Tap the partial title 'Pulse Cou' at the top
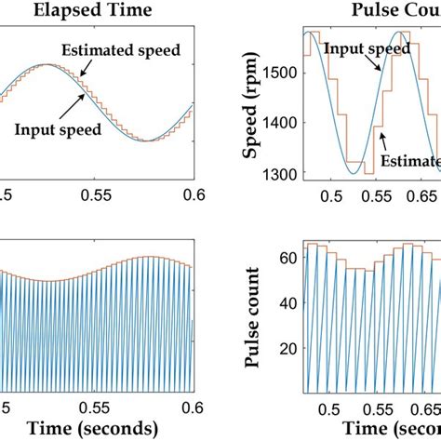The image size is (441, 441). click(399, 12)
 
